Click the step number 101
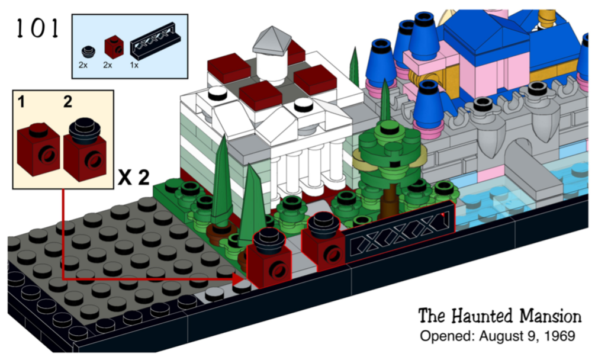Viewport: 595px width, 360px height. click(37, 28)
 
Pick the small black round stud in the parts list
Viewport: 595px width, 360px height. click(88, 52)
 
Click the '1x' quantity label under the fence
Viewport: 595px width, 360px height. click(134, 65)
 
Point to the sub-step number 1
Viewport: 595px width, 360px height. click(22, 102)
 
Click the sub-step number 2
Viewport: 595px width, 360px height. click(67, 102)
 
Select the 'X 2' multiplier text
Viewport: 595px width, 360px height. click(134, 178)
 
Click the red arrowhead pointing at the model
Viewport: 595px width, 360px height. click(239, 279)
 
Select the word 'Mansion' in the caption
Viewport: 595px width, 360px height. click(550, 316)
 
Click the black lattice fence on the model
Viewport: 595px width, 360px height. click(398, 233)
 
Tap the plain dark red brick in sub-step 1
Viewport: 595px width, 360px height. click(38, 149)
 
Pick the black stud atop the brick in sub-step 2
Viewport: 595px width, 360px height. click(85, 130)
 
